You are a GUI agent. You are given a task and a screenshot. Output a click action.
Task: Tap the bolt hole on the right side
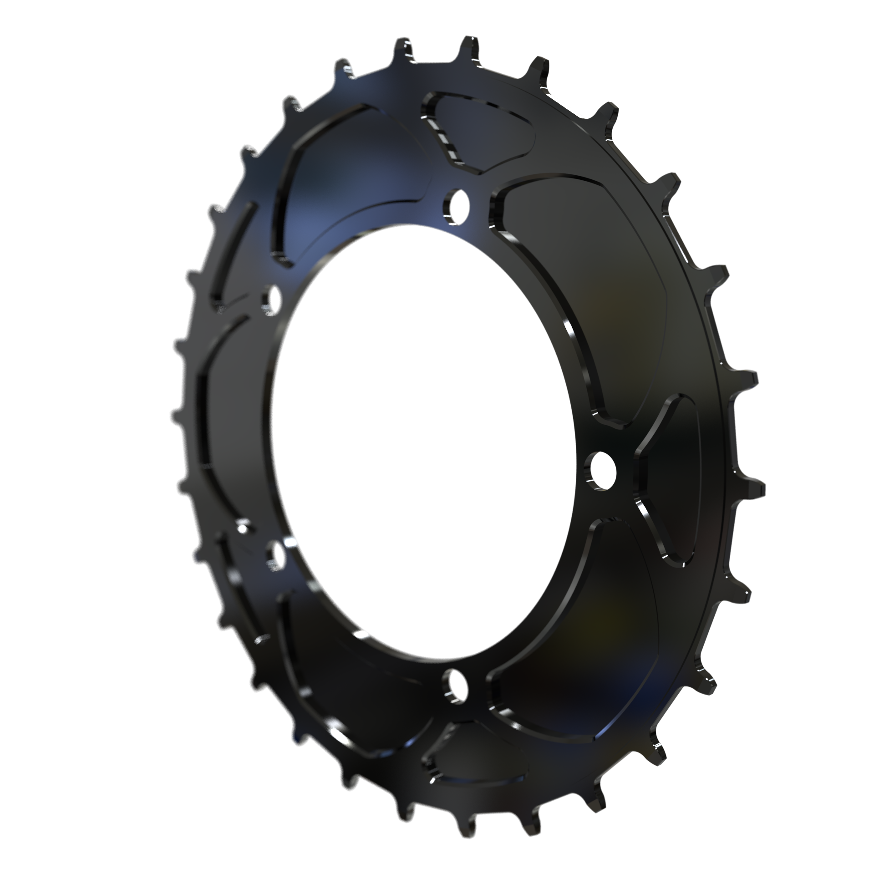click(x=600, y=471)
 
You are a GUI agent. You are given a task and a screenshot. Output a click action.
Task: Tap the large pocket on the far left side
click(x=228, y=401)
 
